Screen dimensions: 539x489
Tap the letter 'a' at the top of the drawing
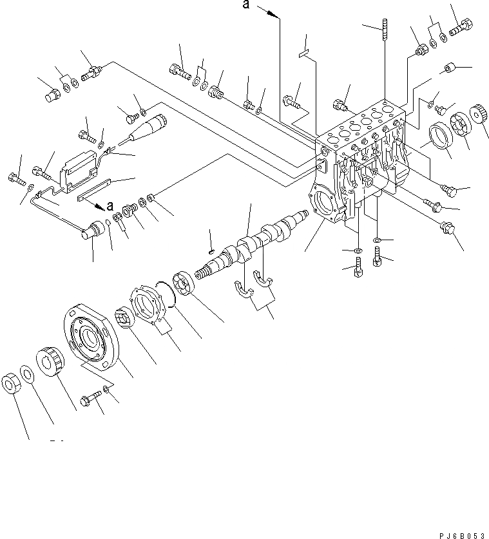(245, 7)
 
